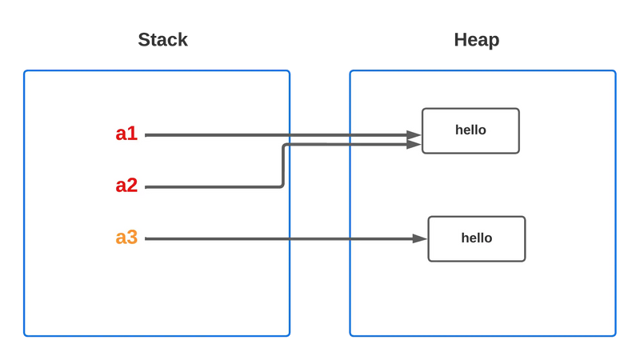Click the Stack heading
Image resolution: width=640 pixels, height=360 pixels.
pyautogui.click(x=162, y=40)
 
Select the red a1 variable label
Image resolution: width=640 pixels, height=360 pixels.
pyautogui.click(x=126, y=134)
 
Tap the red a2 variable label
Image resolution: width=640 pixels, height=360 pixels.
pyautogui.click(x=126, y=186)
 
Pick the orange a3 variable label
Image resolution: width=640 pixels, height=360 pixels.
pyautogui.click(x=126, y=237)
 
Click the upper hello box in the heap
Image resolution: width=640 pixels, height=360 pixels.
pyautogui.click(x=470, y=130)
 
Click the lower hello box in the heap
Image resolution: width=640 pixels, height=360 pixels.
pyautogui.click(x=477, y=238)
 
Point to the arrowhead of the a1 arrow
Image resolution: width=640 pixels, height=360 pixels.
pyautogui.click(x=414, y=134)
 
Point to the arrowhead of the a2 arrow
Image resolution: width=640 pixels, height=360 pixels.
pyautogui.click(x=414, y=144)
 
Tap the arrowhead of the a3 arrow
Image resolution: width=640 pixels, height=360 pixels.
pyautogui.click(x=419, y=238)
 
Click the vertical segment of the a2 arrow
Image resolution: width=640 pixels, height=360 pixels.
pyautogui.click(x=282, y=166)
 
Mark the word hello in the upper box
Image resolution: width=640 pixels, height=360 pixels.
pyautogui.click(x=470, y=130)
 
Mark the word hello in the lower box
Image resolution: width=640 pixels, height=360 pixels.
pyautogui.click(x=477, y=238)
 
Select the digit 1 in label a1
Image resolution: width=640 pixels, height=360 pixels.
pyautogui.click(x=133, y=134)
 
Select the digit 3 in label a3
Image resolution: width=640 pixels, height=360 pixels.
pyautogui.click(x=132, y=237)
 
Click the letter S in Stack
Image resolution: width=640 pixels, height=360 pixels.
pyautogui.click(x=144, y=40)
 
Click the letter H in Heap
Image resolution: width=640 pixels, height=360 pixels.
pyautogui.click(x=461, y=39)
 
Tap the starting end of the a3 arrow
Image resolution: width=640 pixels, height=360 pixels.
pyautogui.click(x=146, y=238)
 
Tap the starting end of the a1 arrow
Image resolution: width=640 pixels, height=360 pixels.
pyautogui.click(x=146, y=135)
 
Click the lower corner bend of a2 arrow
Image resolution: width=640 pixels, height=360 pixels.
pyautogui.click(x=282, y=186)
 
